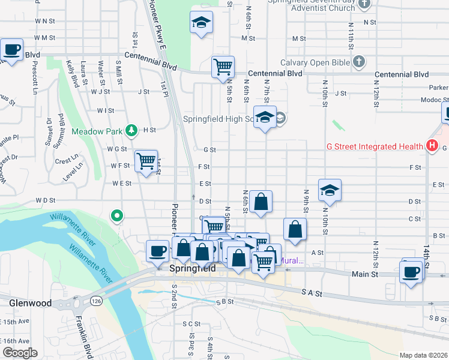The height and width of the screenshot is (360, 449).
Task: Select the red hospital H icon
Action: click(431, 146)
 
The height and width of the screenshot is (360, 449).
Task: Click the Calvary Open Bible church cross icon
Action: click(359, 61)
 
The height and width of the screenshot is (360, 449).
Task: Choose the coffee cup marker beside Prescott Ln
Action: click(12, 50)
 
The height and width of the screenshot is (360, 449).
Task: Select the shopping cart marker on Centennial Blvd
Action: click(223, 66)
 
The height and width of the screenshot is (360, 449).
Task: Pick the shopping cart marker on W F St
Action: click(146, 161)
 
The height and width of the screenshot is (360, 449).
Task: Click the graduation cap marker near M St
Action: click(201, 23)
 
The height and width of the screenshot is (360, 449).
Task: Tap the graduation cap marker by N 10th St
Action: click(330, 190)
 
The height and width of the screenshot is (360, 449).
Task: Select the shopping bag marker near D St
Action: click(261, 202)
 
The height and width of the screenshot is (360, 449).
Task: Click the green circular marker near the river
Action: click(118, 215)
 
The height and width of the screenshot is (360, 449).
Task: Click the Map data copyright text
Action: click(423, 355)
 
